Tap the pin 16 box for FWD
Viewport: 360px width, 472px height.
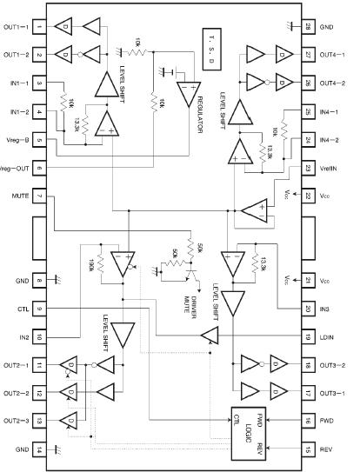click(x=308, y=420)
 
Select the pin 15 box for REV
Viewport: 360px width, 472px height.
click(x=308, y=448)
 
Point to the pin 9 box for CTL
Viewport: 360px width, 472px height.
click(x=40, y=309)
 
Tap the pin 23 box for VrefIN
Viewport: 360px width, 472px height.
click(x=308, y=169)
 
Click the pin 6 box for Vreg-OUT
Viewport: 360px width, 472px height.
click(x=40, y=169)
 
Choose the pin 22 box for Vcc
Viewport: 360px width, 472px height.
click(x=308, y=196)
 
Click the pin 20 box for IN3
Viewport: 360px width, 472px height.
click(x=308, y=309)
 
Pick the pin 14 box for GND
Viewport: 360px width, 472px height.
click(x=40, y=448)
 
